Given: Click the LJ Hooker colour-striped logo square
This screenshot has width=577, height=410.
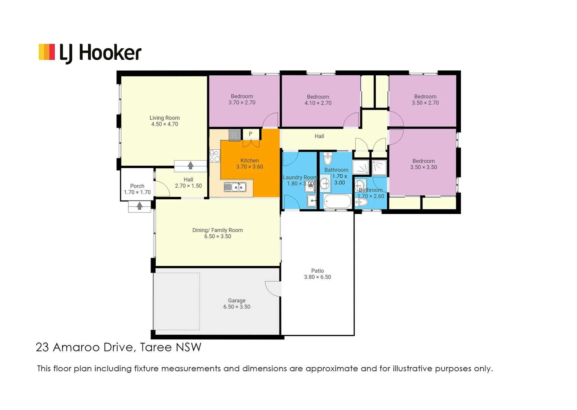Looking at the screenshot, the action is pos(47,52).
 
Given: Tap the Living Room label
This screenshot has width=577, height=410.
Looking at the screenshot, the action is pos(165,121).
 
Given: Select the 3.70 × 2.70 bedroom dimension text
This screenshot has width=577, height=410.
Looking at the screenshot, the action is pos(242,103).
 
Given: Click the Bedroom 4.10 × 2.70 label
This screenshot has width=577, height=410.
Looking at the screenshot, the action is pos(318,100).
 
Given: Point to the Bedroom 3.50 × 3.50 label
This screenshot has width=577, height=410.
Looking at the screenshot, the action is pos(424,164).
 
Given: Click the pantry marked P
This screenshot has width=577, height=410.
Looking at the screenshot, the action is pos(251,134).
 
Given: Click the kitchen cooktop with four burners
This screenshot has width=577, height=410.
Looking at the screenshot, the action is pos(215,156).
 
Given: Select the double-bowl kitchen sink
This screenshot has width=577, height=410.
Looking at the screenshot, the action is pos(235,187).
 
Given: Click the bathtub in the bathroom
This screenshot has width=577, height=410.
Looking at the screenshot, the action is pos(337,201).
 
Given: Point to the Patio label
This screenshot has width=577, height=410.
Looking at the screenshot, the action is pos(318,274).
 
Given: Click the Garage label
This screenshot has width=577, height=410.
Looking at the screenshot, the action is pos(237,303).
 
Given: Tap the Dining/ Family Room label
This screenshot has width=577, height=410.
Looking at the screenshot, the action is pos(218,233).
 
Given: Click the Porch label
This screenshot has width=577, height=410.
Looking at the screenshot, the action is pos(137,189).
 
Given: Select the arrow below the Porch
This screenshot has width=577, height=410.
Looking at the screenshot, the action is pos(139,206).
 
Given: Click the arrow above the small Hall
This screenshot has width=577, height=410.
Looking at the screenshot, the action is pos(191,165).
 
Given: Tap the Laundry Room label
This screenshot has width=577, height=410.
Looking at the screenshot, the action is pos(300,180).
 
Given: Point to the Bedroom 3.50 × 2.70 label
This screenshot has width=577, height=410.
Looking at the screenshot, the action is pos(425,100).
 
